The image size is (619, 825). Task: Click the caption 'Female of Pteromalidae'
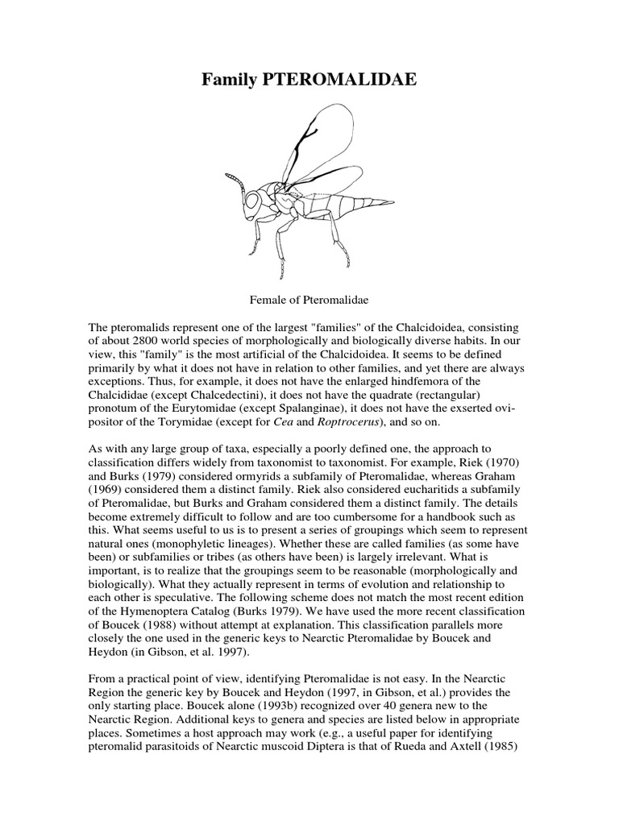[309, 300]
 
